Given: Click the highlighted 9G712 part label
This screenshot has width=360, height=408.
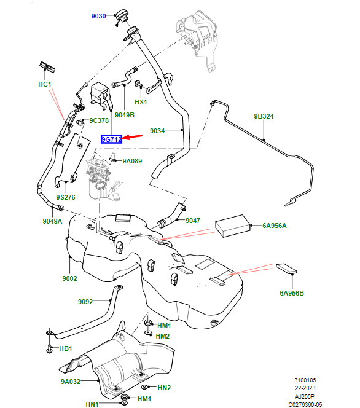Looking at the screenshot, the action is tap(111, 139).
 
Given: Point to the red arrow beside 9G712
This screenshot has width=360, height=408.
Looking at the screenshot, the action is tap(133, 136).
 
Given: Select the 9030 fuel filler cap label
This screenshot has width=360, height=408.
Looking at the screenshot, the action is tap(98, 16).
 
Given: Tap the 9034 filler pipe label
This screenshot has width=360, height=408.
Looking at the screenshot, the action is tap(157, 131).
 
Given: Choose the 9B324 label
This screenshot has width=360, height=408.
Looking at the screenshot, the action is tap(264, 116).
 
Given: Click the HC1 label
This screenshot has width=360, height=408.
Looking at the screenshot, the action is tap(45, 84).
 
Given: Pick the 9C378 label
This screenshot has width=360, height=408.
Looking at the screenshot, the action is tap(99, 120).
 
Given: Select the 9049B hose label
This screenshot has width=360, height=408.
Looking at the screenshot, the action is tap(125, 115).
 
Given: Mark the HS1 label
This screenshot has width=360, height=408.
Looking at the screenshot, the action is tap(141, 102).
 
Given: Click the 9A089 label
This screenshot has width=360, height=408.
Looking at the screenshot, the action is tap(132, 162).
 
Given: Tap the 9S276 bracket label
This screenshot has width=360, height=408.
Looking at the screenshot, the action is tap(66, 197).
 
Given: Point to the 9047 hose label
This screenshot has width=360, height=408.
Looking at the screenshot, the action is tap(193, 221).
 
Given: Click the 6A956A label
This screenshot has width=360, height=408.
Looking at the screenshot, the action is tap(275, 226).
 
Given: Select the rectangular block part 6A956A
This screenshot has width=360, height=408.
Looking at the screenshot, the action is tap(233, 226).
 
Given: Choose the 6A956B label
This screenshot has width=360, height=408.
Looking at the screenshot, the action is tap(292, 293).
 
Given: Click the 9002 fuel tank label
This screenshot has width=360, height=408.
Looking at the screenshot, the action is tap(69, 278).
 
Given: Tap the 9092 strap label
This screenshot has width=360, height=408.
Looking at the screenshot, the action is tap(85, 302).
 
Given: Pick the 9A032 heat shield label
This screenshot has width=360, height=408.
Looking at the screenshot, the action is tap(71, 382).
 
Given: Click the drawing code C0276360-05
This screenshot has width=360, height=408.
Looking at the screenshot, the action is tap(305, 404).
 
